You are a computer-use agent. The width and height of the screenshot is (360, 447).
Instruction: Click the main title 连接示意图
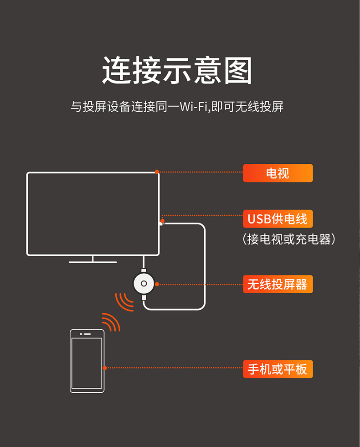point(177,70)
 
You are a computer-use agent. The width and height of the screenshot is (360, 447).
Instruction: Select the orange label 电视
point(278,173)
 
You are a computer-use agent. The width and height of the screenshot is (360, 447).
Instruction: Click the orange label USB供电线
point(278,219)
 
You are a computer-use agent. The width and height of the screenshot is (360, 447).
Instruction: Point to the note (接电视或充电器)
point(289,239)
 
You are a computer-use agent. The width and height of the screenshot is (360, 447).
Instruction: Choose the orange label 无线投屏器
point(278,284)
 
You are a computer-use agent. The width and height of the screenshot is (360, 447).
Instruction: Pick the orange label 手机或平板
point(278,369)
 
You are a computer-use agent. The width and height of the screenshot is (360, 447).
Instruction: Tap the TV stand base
point(93,262)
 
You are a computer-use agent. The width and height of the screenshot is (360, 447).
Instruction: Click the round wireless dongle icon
point(144,284)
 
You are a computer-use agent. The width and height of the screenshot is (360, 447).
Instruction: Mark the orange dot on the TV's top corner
point(157,172)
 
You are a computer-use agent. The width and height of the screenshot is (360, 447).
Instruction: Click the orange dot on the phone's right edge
point(105,368)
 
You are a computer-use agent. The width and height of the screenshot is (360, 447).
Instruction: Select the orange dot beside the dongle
point(157,284)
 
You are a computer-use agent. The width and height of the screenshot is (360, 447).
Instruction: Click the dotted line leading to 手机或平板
point(173,368)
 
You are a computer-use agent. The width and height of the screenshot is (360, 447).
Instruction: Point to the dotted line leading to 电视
point(201,172)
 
